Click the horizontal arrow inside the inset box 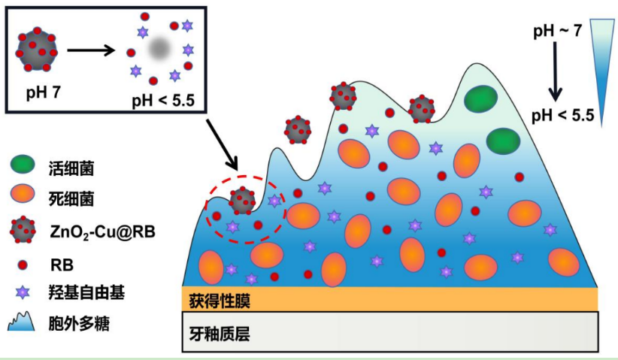coord(90,51)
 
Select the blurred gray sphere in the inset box coord(159,50)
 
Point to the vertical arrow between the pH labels coord(555,72)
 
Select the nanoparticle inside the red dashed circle coord(241,201)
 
